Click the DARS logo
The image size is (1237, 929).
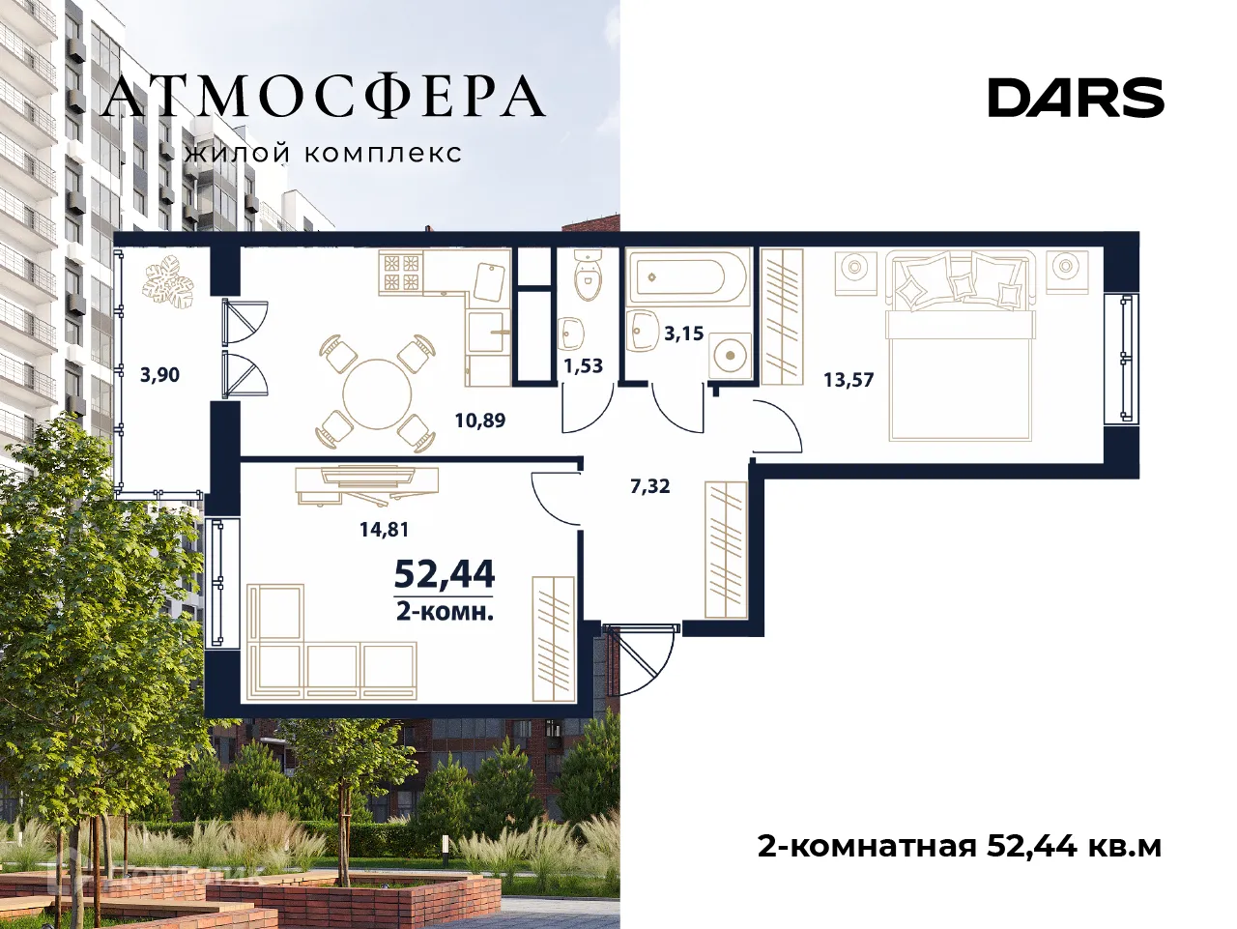pos(1076,98)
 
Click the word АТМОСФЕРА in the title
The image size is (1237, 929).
pos(324,97)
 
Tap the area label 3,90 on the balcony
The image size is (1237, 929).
pos(159,375)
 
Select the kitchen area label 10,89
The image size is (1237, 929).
pos(479,421)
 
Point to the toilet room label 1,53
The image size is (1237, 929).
pos(583,365)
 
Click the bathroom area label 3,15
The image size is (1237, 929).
pos(683,334)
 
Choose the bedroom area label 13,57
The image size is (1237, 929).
pos(848,380)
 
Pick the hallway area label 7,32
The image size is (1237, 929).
pos(649,486)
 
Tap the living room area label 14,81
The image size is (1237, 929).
pos(384,530)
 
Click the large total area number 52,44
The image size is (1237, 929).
pos(445,574)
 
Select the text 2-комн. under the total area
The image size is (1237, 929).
pos(445,611)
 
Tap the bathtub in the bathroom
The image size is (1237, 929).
pos(687,277)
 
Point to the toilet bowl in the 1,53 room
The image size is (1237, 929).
pos(587,276)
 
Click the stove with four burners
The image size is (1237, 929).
pos(401,272)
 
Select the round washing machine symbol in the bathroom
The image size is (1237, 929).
pos(731,355)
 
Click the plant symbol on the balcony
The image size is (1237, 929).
pos(169,280)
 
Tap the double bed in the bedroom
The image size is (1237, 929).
pos(960,348)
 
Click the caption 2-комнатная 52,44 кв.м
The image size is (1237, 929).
pos(959,847)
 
